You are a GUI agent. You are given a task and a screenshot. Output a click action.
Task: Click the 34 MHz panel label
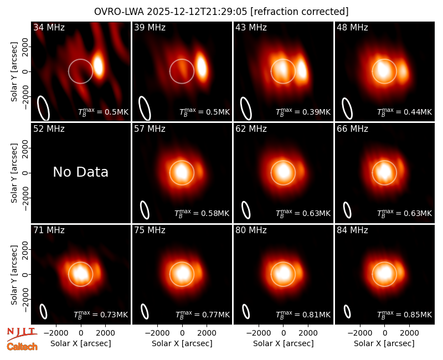pyautogui.click(x=49, y=27)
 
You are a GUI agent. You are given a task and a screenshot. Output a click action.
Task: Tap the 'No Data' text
pyautogui.click(x=80, y=172)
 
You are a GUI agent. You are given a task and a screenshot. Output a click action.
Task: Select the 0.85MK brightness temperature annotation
pyautogui.click(x=405, y=314)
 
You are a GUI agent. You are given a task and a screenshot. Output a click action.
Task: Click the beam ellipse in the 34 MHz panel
pyautogui.click(x=44, y=108)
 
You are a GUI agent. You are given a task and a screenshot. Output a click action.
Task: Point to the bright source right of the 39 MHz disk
pyautogui.click(x=202, y=65)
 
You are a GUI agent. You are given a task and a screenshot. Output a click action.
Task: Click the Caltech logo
pyautogui.click(x=22, y=347)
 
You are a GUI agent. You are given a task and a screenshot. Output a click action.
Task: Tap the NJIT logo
pyautogui.click(x=22, y=333)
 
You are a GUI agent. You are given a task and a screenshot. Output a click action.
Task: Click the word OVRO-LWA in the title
pyautogui.click(x=119, y=12)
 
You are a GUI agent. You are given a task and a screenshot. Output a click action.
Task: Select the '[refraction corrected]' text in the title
pyautogui.click(x=300, y=12)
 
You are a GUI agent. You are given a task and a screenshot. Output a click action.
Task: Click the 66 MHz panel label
pyautogui.click(x=352, y=129)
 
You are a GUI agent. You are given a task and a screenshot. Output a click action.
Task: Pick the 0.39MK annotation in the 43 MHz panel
pyautogui.click(x=303, y=112)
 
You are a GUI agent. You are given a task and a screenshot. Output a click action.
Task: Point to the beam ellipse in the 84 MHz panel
pyautogui.click(x=347, y=312)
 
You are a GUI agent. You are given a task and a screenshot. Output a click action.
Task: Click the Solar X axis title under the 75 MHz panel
pyautogui.click(x=182, y=343)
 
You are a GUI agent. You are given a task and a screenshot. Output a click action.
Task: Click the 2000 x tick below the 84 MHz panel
pyautogui.click(x=409, y=333)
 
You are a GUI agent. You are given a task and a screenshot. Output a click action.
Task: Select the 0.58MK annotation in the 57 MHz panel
pyautogui.click(x=202, y=213)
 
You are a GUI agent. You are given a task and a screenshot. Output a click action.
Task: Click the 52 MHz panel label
pyautogui.click(x=49, y=129)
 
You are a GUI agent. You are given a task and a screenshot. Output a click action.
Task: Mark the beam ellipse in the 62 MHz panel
pyautogui.click(x=246, y=210)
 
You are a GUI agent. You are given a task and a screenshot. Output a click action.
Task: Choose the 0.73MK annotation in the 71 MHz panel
pyautogui.click(x=101, y=314)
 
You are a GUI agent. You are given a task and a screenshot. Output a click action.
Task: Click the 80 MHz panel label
pyautogui.click(x=251, y=230)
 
